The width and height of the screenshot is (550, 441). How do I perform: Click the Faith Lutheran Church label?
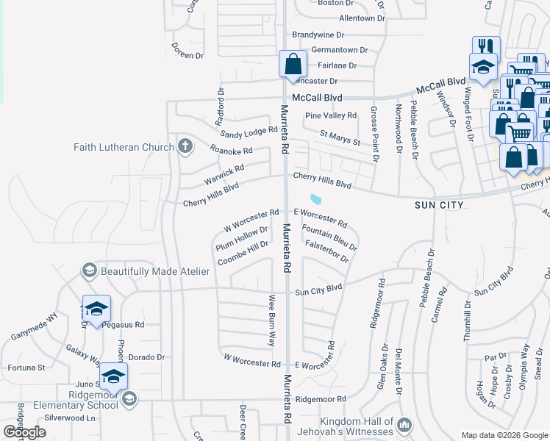(124, 147)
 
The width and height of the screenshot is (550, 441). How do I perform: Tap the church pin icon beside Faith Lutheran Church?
(185, 146)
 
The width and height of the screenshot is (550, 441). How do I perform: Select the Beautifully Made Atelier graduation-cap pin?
(89, 270)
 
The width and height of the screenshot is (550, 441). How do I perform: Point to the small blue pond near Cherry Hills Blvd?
(315, 198)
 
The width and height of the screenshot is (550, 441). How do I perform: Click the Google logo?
(24, 432)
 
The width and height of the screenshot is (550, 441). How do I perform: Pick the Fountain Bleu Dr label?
(329, 239)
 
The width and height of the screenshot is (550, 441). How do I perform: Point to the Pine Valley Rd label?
(331, 115)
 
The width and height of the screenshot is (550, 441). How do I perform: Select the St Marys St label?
(340, 137)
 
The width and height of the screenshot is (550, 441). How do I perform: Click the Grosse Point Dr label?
(374, 133)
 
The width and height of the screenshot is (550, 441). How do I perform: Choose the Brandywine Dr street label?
(318, 35)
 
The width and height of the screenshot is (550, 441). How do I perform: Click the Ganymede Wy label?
(34, 326)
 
